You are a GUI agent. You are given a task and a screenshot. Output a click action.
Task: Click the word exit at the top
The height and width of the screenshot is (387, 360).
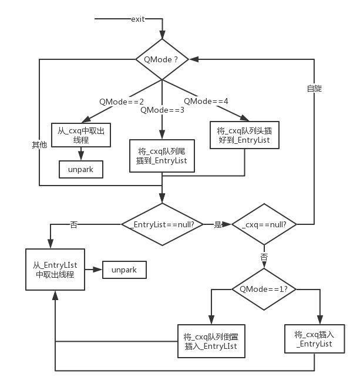point(137,20)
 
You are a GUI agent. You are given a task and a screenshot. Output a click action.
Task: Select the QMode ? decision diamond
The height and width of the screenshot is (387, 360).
point(162,59)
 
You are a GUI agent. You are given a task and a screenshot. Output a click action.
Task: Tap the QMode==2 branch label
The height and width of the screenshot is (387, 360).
point(122,102)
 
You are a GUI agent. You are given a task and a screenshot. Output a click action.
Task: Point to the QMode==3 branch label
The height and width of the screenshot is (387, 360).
point(162,110)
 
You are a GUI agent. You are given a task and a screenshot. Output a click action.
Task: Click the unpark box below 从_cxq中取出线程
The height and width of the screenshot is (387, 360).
point(81,169)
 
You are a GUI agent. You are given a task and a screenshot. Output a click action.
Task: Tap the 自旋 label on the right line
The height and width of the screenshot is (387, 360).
point(314,88)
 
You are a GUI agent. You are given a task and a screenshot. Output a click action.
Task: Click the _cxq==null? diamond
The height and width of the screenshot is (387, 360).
point(264,224)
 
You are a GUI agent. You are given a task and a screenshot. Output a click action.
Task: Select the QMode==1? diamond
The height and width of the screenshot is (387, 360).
point(264,289)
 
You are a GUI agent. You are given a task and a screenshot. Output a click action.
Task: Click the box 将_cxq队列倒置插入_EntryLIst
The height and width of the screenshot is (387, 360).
point(210,341)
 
